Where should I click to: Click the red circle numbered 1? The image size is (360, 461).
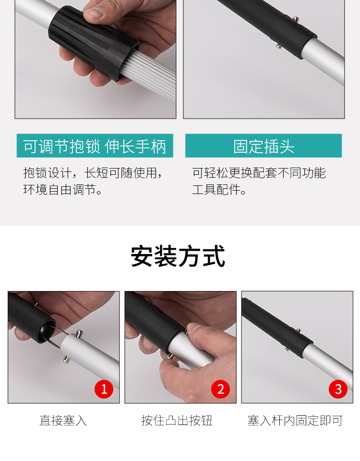click(104, 389)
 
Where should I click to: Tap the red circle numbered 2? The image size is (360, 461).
click(220, 389)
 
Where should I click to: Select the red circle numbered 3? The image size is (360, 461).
click(338, 389)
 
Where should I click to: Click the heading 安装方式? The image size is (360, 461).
click(178, 256)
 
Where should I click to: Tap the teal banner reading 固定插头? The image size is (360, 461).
click(264, 146)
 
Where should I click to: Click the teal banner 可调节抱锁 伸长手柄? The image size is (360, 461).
click(95, 146)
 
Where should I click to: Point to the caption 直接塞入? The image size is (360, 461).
click(63, 421)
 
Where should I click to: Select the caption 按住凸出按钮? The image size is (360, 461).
click(177, 421)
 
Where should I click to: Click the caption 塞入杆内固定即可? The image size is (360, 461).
click(295, 421)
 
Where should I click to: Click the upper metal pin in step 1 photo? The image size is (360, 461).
click(79, 333)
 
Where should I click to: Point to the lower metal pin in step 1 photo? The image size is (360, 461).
click(66, 360)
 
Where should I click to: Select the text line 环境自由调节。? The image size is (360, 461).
click(63, 190)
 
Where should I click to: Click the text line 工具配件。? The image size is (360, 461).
click(219, 190)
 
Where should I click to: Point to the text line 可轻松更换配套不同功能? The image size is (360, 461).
click(259, 172)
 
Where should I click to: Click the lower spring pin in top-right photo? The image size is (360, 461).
click(278, 46)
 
